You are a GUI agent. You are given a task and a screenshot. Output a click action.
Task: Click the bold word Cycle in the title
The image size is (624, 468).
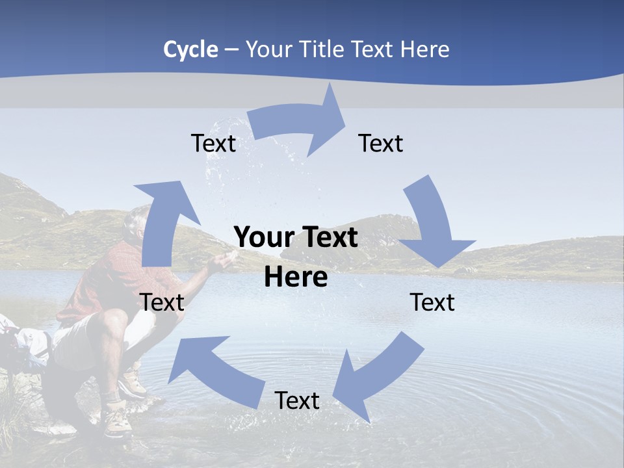coord(190,49)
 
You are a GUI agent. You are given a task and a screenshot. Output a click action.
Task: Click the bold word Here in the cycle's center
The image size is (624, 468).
coord(296,278)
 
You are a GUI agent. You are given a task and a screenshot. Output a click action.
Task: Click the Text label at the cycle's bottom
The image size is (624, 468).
coord(297,401)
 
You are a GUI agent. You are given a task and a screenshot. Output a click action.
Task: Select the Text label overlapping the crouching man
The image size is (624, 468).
coord(162,302)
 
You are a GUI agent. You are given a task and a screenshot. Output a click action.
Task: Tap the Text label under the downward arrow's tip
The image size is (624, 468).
coord(432,302)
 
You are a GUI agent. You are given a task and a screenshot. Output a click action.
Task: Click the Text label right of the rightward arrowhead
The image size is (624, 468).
coord(381,143)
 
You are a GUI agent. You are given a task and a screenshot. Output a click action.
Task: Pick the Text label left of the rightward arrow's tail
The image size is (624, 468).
coord(213,143)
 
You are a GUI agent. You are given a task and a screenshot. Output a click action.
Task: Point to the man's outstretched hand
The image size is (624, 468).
coord(223,261)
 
